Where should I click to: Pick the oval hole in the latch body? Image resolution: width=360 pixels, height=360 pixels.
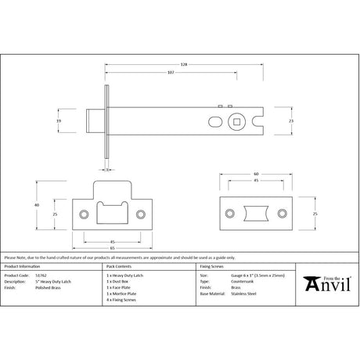214,121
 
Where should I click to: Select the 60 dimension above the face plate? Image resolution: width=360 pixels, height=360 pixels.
256,174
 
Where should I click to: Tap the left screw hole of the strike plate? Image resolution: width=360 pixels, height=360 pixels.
85,214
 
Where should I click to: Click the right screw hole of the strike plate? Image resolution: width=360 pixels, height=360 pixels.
141,214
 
